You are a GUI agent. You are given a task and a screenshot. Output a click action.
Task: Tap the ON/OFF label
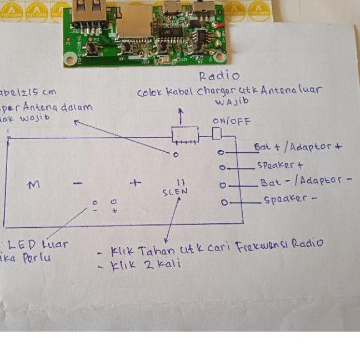(x=232, y=121)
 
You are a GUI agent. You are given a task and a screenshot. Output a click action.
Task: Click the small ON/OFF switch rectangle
(x=218, y=134)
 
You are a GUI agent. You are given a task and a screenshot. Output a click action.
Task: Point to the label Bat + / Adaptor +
(x=297, y=147)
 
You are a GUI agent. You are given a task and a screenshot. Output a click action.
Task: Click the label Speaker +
(x=280, y=165)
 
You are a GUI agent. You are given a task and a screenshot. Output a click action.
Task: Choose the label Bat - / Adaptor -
(x=305, y=182)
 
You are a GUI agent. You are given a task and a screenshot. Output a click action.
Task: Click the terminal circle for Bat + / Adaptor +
(x=221, y=152)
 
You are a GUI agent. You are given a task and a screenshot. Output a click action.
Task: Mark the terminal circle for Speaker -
(x=224, y=203)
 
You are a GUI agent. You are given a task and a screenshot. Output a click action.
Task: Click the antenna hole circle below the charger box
(x=176, y=155)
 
